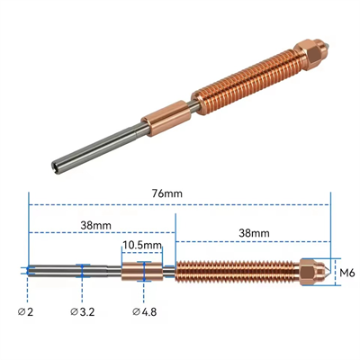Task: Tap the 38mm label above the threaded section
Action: [x=253, y=232]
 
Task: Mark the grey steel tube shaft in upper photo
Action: [x=99, y=148]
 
